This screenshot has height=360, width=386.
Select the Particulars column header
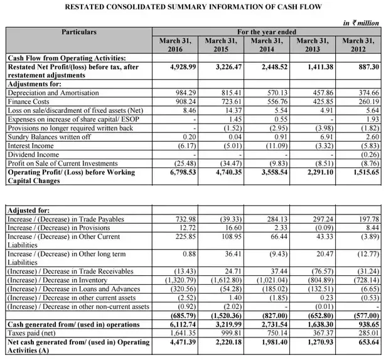click(x=79, y=31)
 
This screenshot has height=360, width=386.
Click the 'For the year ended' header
click(x=267, y=31)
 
